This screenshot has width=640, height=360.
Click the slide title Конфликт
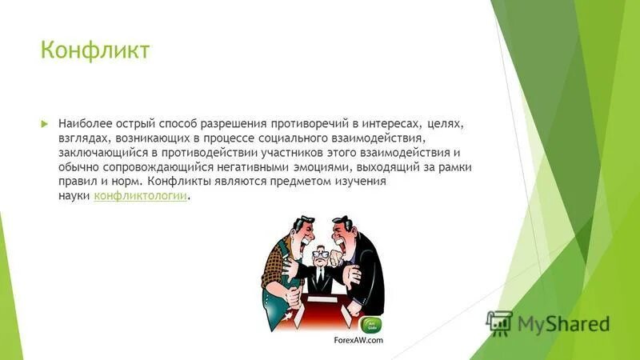95,51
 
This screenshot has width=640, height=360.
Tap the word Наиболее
84,125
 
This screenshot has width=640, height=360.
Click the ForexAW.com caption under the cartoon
358,339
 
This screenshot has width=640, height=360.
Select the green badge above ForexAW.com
373,324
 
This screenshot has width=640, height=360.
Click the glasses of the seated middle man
319,255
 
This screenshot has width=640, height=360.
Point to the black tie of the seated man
320,276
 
